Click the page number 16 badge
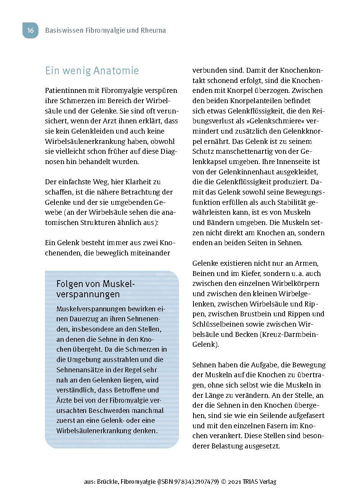pos(30,30)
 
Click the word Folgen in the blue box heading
pos(68,284)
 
